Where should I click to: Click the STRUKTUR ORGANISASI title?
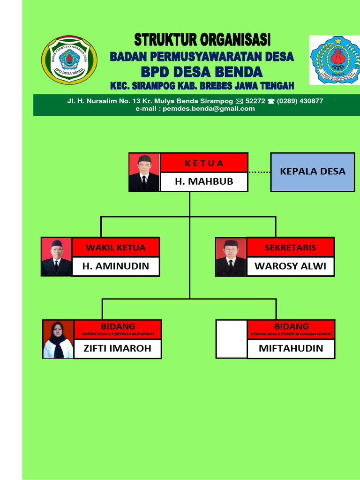pos(202,39)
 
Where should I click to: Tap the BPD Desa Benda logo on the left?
pos(69,60)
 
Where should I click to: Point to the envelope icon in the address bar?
pos(239,101)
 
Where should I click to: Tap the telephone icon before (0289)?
pos(271,101)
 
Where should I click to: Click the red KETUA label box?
pos(204,163)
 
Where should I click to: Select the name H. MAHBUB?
pos(204,181)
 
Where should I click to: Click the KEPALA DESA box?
pos(313,172)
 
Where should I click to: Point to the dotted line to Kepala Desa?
pos(259,172)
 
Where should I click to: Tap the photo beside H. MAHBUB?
pos(144,172)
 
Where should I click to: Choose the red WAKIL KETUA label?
pos(116,247)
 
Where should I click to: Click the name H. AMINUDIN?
pos(116,266)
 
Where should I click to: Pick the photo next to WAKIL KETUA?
pos(56,257)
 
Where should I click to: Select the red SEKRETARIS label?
pos(290,247)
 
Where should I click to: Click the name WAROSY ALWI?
pos(290,266)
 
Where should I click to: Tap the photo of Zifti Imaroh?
pos(58,339)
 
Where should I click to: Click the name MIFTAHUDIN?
pos(291,348)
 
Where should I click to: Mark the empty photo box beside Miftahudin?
pos(231,339)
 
